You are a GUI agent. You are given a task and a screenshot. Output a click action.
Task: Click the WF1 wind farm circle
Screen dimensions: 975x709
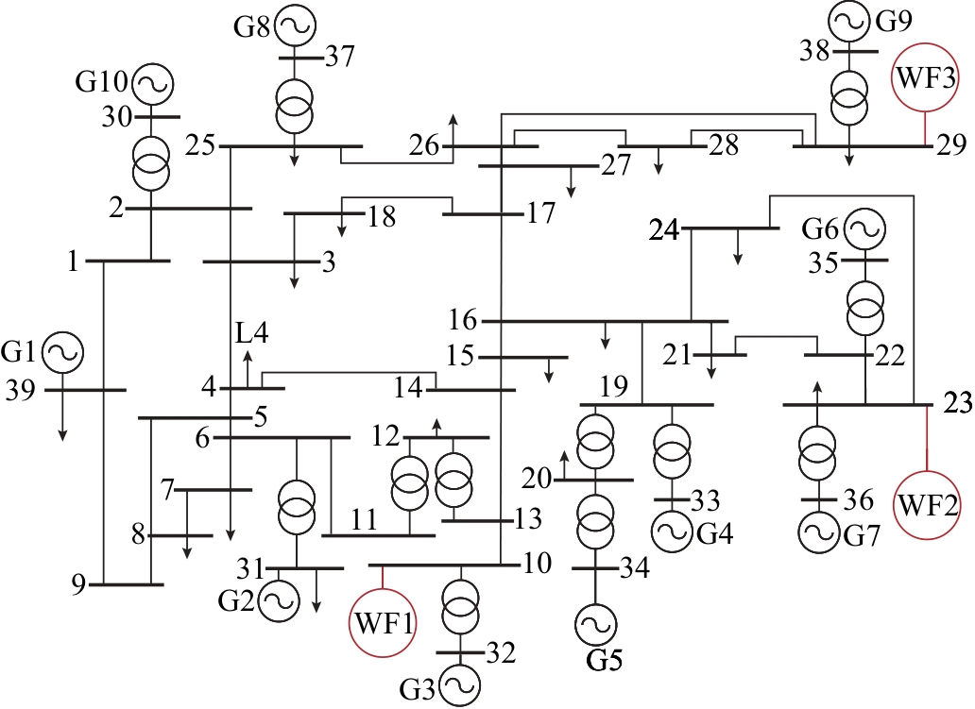pyautogui.click(x=383, y=623)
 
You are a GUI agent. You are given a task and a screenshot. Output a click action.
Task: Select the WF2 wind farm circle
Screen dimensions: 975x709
pyautogui.click(x=927, y=505)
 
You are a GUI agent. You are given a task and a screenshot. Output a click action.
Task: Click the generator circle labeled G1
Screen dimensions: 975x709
pyautogui.click(x=62, y=352)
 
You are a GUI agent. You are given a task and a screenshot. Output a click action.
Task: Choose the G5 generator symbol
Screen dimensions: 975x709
pyautogui.click(x=596, y=624)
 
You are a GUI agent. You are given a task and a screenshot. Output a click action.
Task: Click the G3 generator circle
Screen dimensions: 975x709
pyautogui.click(x=461, y=686)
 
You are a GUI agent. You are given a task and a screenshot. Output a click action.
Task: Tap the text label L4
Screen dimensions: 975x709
pyautogui.click(x=252, y=333)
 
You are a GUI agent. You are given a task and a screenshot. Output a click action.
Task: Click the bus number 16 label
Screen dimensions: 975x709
pyautogui.click(x=463, y=321)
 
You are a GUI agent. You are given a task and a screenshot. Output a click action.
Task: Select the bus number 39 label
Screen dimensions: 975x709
pyautogui.click(x=21, y=392)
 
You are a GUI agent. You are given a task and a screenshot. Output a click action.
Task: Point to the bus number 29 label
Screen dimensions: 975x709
pyautogui.click(x=951, y=144)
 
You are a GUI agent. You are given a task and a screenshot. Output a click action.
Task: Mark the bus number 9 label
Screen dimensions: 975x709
pyautogui.click(x=78, y=585)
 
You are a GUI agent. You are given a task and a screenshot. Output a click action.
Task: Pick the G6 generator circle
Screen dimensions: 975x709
pyautogui.click(x=865, y=229)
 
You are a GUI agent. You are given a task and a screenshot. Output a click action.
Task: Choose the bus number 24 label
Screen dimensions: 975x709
pyautogui.click(x=664, y=231)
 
